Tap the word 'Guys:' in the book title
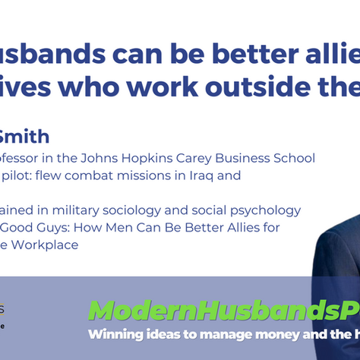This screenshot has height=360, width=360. click(x=52, y=227)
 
